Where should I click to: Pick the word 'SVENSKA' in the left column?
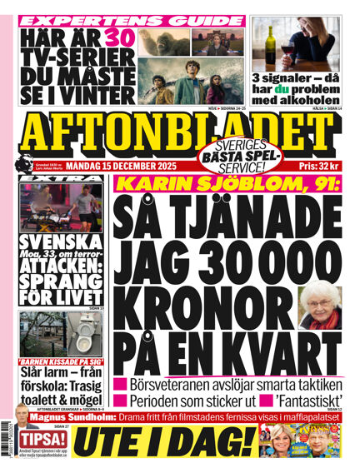tap(52, 244)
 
